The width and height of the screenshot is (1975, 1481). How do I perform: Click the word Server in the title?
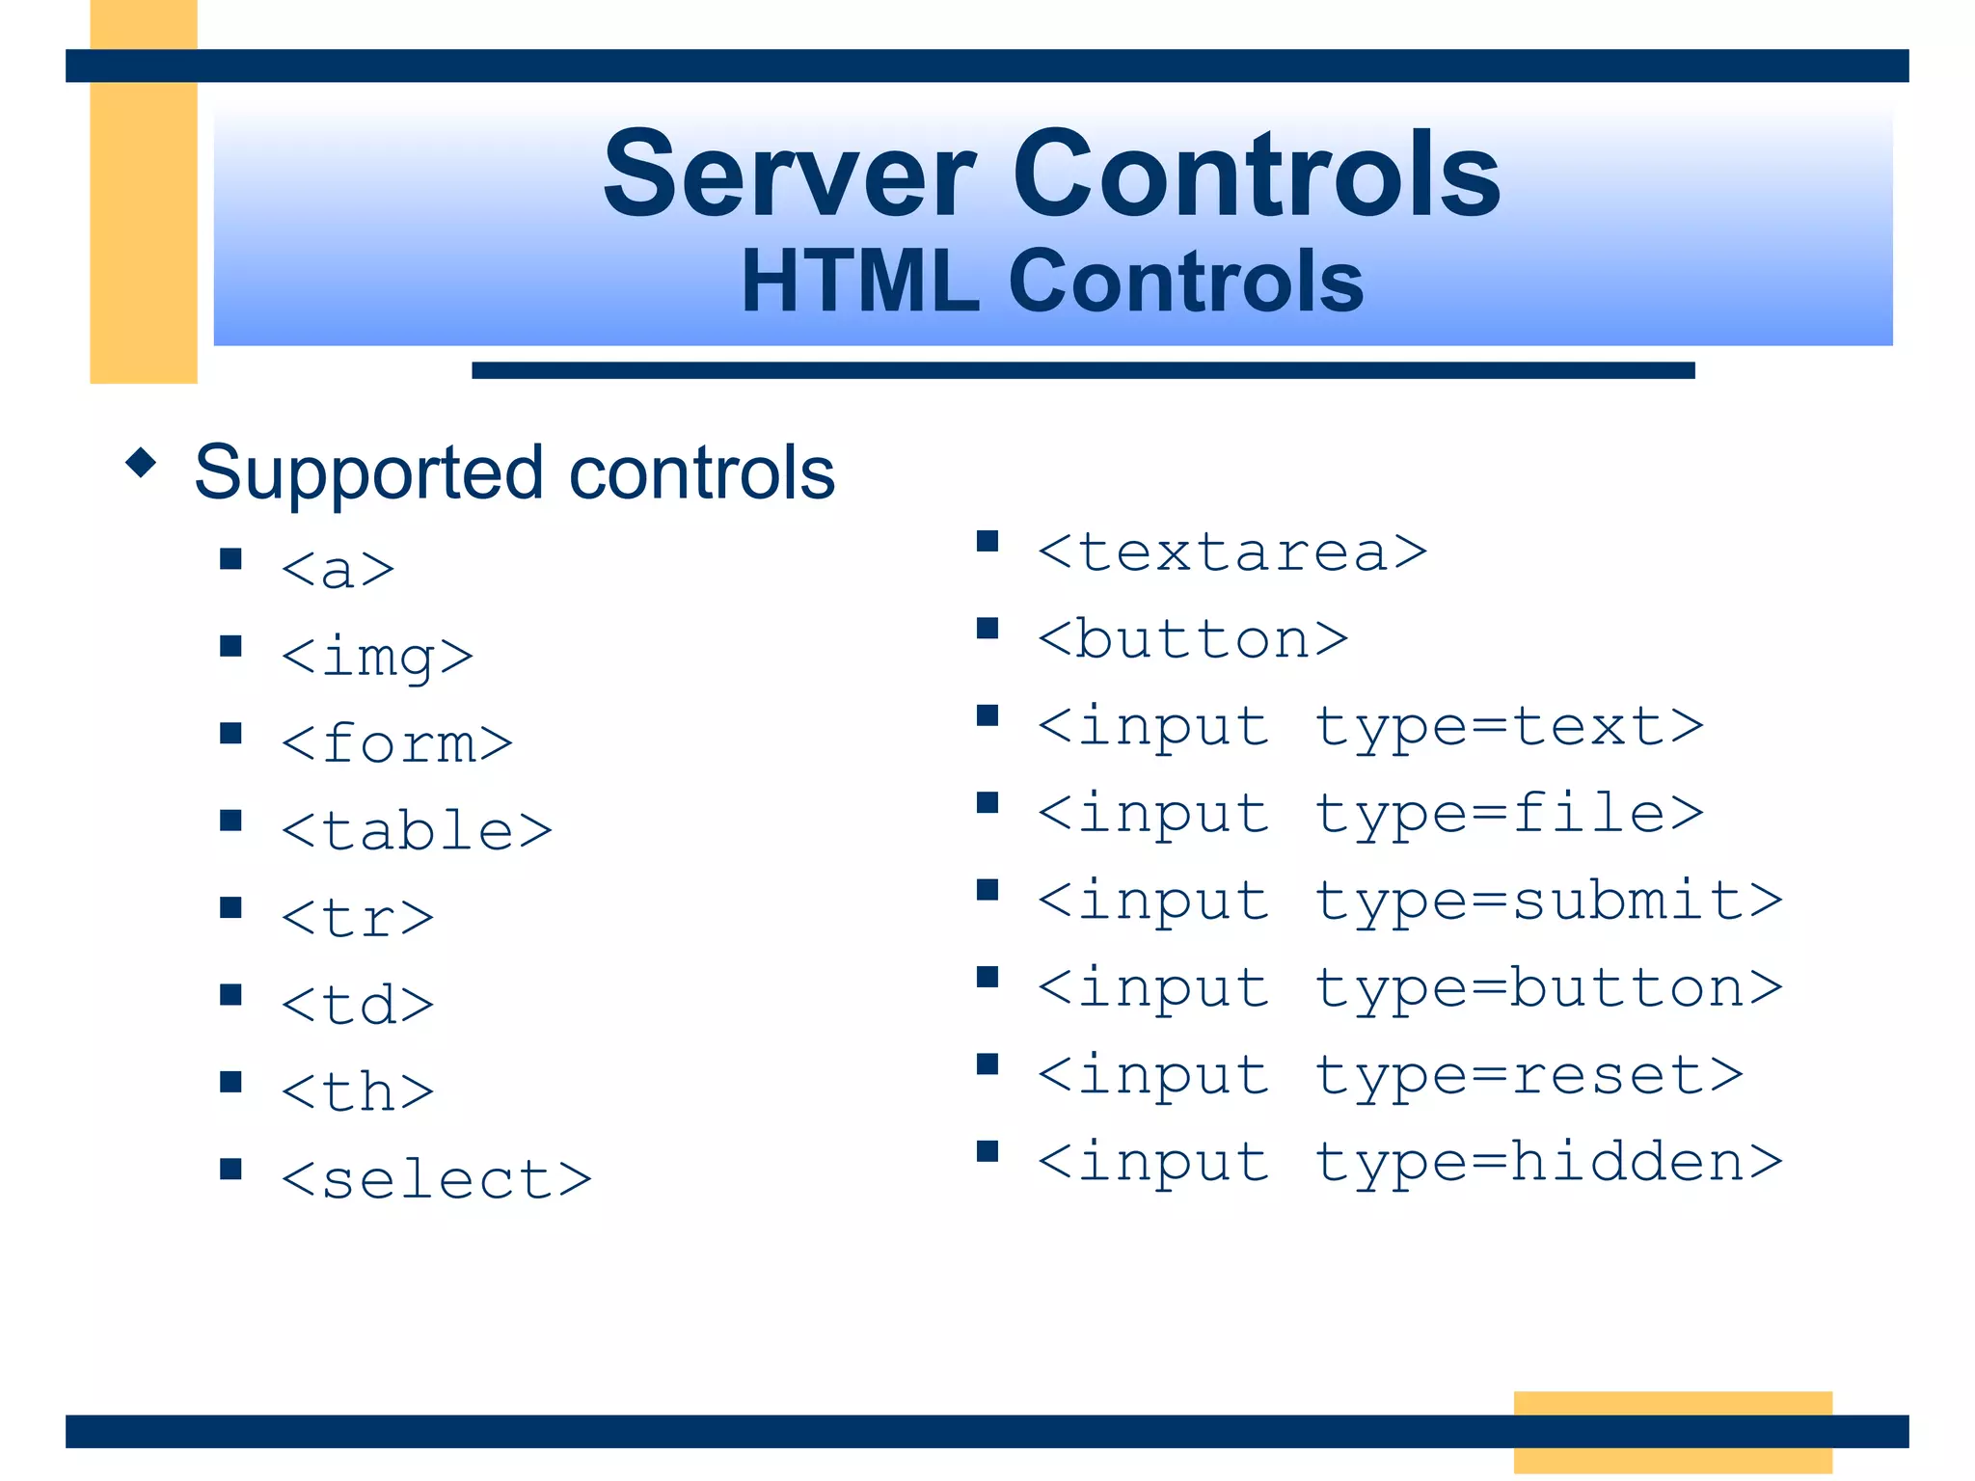tap(789, 175)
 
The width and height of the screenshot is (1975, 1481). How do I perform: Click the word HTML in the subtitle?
tap(859, 282)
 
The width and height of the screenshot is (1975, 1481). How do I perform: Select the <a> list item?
tap(338, 569)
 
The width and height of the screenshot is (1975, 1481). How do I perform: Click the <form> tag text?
tap(396, 744)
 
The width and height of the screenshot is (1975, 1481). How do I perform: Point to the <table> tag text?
tap(417, 831)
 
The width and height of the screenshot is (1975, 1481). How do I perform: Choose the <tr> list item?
tap(358, 918)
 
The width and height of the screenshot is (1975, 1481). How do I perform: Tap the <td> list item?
tap(358, 1006)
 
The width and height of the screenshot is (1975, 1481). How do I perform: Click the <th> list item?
tap(358, 1092)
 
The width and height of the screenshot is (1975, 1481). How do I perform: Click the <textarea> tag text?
tap(1231, 552)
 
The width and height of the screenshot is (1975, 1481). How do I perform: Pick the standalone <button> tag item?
tap(1192, 639)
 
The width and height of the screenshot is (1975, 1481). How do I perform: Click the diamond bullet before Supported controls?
tap(141, 463)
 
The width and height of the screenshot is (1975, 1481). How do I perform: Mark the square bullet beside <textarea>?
tap(987, 541)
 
